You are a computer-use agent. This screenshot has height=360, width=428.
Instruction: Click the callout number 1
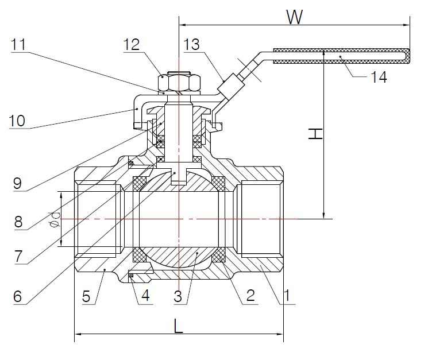pos(287,295)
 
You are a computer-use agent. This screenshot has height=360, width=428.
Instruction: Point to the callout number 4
pos(145,296)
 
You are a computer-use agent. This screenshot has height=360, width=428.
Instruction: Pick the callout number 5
pos(87,296)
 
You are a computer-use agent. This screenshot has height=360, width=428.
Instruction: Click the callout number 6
pos(18,296)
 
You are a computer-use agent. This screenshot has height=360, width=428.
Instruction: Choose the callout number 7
pos(18,257)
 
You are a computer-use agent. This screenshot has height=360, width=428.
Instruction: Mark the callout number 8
pos(18,221)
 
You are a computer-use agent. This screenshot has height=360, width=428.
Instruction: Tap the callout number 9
pos(18,184)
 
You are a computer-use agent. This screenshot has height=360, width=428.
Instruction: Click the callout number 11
pos(18,45)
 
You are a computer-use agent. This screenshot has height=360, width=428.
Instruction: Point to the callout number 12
pos(132,45)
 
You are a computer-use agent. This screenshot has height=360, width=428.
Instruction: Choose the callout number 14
pos(378,76)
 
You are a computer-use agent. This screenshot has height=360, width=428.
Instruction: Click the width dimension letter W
pos(295,17)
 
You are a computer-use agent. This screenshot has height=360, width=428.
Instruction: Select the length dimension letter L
pos(179,326)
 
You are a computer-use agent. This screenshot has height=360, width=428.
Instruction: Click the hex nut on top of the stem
pos(179,79)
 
